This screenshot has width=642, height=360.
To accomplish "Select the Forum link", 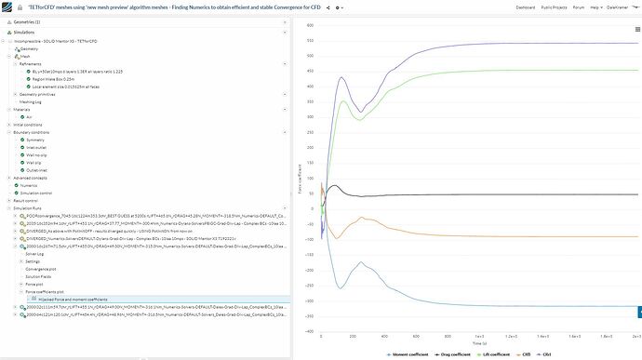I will tap(584, 7).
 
